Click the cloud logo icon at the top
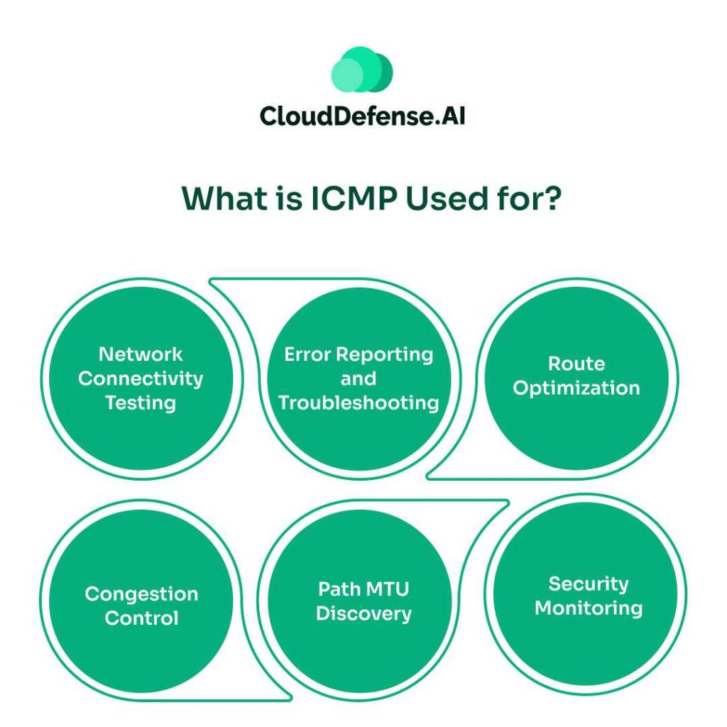click(x=362, y=71)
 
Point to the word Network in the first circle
click(x=141, y=354)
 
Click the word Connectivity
click(x=141, y=378)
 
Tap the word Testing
click(x=141, y=403)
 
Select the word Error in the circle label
click(x=307, y=354)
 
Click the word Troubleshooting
click(x=359, y=403)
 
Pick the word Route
click(x=576, y=363)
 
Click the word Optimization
click(x=576, y=388)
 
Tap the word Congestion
click(x=141, y=594)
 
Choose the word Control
click(x=141, y=618)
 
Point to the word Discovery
click(x=363, y=613)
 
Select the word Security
click(x=589, y=584)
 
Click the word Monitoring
click(x=589, y=608)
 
